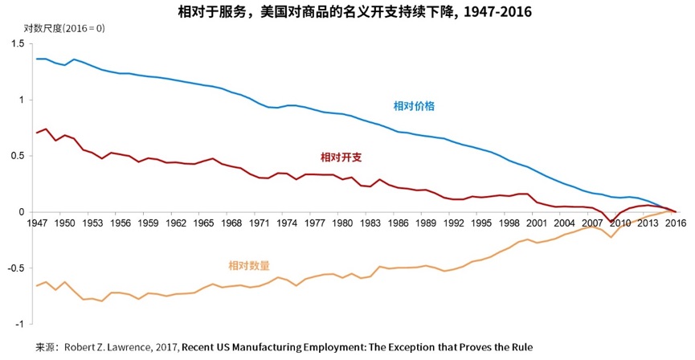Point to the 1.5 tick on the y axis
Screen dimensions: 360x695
point(18,43)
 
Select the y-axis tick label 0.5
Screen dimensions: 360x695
point(18,156)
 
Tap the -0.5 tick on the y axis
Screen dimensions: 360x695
point(16,268)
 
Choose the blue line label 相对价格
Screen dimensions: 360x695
point(415,106)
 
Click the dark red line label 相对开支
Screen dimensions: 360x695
point(341,157)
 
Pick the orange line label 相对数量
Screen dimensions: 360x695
point(249,265)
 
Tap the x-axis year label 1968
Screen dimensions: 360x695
point(232,224)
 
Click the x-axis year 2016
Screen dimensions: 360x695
point(677,224)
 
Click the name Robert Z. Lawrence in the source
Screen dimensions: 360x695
point(110,348)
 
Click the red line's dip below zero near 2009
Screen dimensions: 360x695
point(611,222)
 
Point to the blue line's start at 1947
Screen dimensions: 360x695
point(37,59)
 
